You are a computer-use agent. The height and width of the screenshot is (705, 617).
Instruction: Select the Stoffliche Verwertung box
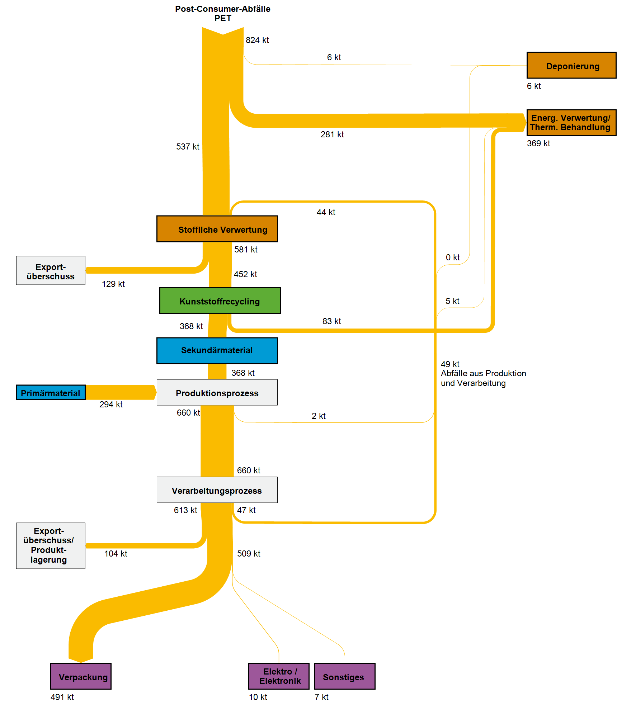(217, 229)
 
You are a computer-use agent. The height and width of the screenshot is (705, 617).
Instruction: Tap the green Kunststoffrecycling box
(220, 301)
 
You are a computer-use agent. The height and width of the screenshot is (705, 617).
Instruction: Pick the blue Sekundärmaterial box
(217, 350)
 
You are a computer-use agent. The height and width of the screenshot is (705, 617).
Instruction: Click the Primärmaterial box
(51, 392)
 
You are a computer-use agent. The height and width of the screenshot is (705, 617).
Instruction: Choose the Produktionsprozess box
(217, 392)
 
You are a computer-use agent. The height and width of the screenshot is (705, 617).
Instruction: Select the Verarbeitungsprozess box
(217, 490)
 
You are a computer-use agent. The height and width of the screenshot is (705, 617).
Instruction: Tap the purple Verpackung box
(81, 676)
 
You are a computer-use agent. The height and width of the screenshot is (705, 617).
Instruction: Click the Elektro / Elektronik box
(279, 676)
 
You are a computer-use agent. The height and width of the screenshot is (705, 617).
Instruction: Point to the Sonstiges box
(344, 676)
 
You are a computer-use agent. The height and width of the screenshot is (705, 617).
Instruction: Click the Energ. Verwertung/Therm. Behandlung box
(571, 123)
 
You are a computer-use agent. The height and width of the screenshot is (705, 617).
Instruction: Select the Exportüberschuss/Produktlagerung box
(51, 545)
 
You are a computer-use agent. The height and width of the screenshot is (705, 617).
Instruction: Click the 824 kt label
(257, 40)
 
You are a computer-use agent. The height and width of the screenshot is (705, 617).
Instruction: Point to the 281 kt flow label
(332, 134)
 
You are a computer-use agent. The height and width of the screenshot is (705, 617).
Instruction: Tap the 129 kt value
(113, 284)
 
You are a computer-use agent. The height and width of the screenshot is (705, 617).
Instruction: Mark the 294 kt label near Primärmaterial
(111, 404)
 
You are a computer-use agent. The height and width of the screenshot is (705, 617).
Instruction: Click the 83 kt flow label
(331, 321)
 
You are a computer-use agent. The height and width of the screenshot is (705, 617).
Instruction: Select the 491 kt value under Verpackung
(62, 697)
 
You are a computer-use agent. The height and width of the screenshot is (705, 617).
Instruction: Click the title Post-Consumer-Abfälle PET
(223, 14)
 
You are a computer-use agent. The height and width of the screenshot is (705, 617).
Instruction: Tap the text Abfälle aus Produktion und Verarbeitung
(483, 378)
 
